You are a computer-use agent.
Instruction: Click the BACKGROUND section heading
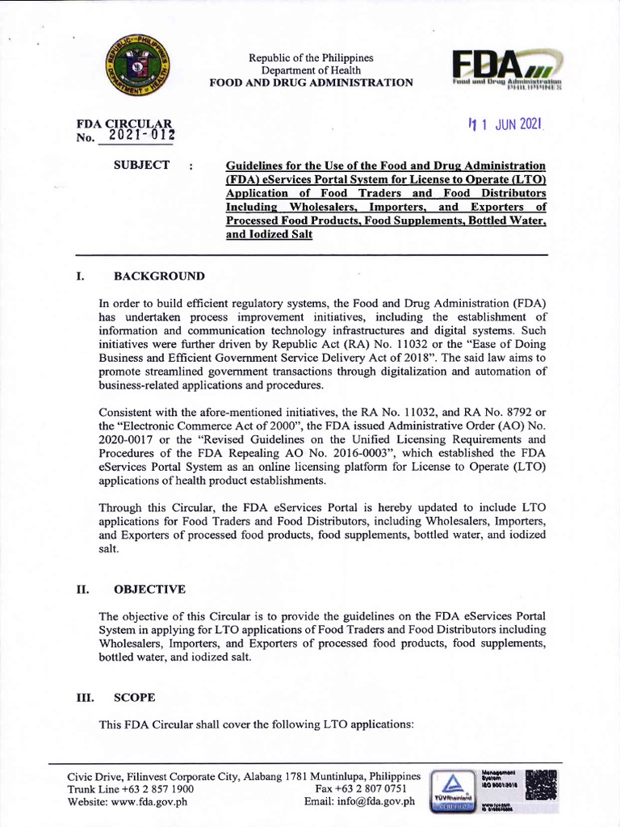point(159,276)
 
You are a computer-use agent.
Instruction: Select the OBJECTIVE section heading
point(150,590)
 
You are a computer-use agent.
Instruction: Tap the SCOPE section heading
point(135,697)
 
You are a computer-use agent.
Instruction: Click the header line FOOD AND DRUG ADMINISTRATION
point(311,83)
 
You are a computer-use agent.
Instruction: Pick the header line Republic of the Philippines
point(311,58)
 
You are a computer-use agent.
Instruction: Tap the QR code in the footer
point(540,785)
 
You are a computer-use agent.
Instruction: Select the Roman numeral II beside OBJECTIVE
point(82,590)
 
